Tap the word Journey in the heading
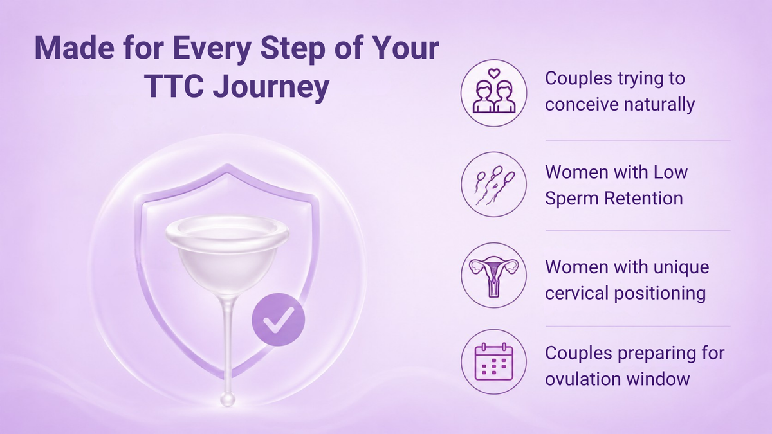pyautogui.click(x=271, y=87)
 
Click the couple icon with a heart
pyautogui.click(x=494, y=93)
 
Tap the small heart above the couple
pyautogui.click(x=494, y=73)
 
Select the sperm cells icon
pyautogui.click(x=494, y=185)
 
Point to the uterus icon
pyautogui.click(x=494, y=276)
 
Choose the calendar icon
pyautogui.click(x=494, y=361)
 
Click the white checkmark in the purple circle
pyautogui.click(x=278, y=320)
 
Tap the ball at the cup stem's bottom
pyautogui.click(x=228, y=399)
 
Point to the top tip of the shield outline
pyautogui.click(x=227, y=165)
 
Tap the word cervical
pyautogui.click(x=575, y=293)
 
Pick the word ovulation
pyautogui.click(x=582, y=379)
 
